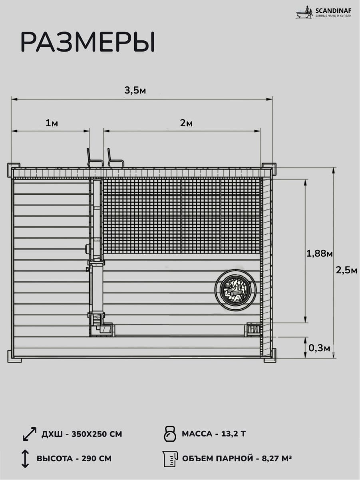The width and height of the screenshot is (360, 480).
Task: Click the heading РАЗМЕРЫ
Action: (x=88, y=42)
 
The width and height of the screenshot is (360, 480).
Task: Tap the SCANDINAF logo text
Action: (x=333, y=10)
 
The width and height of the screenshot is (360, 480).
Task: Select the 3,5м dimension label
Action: (x=135, y=90)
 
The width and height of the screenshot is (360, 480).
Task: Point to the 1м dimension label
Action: (x=52, y=123)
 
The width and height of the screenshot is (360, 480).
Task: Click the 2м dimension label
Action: (x=186, y=123)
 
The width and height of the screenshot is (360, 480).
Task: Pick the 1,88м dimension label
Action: (x=319, y=254)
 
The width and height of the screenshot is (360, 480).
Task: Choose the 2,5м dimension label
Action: (x=346, y=271)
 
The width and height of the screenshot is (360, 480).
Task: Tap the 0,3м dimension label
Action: (x=319, y=348)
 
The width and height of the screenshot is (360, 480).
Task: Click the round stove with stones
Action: (x=235, y=289)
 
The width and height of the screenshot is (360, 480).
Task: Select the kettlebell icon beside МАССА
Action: (x=170, y=434)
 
